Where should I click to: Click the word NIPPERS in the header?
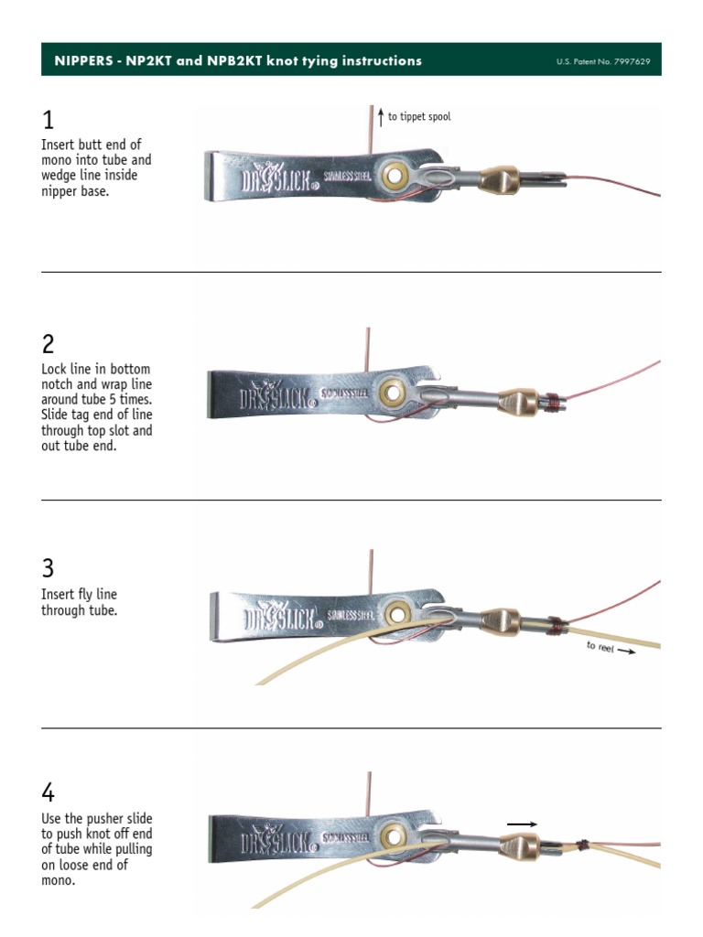tap(80, 60)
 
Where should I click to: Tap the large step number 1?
tap(48, 120)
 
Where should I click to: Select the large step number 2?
tap(49, 345)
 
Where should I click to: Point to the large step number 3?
tap(49, 568)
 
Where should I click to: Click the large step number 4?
tap(49, 793)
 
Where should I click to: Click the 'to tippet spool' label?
tap(419, 117)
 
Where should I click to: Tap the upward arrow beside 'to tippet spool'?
tap(381, 117)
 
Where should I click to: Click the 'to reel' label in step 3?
tap(600, 647)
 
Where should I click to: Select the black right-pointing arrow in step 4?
tap(522, 824)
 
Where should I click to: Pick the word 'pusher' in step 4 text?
tap(111, 819)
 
